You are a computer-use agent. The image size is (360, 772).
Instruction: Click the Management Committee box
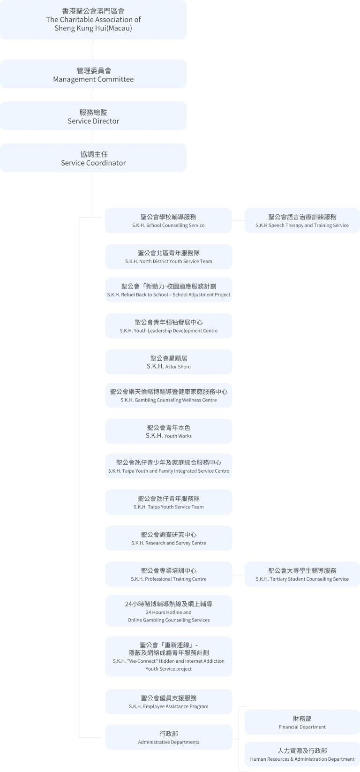pyautogui.click(x=93, y=74)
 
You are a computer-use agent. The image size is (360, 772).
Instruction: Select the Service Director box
pyautogui.click(x=93, y=116)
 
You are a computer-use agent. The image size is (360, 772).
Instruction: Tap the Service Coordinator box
pyautogui.click(x=93, y=158)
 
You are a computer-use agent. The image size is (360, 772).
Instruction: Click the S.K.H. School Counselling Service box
pyautogui.click(x=168, y=220)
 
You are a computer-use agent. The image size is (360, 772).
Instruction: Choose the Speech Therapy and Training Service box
pyautogui.click(x=302, y=220)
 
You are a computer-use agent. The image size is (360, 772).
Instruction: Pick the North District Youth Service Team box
pyautogui.click(x=168, y=257)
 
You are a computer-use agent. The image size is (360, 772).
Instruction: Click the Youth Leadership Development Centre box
pyautogui.click(x=168, y=326)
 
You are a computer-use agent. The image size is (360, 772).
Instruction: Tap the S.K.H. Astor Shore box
pyautogui.click(x=168, y=362)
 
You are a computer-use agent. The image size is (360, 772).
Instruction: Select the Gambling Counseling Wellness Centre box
pyautogui.click(x=168, y=395)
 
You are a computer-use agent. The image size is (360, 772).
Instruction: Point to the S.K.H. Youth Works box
pyautogui.click(x=168, y=431)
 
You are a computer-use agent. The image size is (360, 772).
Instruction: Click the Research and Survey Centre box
pyautogui.click(x=168, y=538)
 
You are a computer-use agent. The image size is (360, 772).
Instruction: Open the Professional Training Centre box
pyautogui.click(x=168, y=575)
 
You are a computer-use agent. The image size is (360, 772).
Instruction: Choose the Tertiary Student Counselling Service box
pyautogui.click(x=302, y=575)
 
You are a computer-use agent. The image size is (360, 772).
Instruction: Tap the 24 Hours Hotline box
pyautogui.click(x=168, y=611)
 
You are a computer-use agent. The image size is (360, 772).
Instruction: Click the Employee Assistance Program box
pyautogui.click(x=168, y=702)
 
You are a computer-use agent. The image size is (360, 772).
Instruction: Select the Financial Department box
pyautogui.click(x=302, y=722)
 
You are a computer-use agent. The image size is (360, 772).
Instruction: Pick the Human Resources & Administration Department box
pyautogui.click(x=302, y=755)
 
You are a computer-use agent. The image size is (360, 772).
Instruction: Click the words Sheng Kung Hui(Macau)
pyautogui.click(x=93, y=28)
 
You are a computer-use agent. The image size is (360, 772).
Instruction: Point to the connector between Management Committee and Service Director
pyautogui.click(x=93, y=95)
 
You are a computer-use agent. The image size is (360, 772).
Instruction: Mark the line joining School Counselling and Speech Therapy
pyautogui.click(x=238, y=220)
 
